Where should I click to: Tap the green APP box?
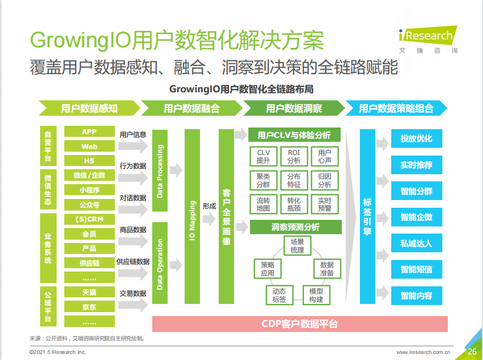(90, 131)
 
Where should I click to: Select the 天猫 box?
(90, 292)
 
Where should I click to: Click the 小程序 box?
(90, 190)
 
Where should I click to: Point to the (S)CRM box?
(90, 219)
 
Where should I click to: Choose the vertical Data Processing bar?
(160, 171)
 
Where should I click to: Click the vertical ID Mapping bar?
(192, 217)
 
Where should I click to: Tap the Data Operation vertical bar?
(160, 263)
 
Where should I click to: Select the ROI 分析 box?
(294, 157)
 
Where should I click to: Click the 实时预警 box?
(325, 204)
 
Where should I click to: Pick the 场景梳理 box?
(297, 246)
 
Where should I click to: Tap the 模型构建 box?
(317, 295)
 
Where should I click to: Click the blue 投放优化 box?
(417, 139)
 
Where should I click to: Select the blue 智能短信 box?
(417, 269)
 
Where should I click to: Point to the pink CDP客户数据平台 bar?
(299, 324)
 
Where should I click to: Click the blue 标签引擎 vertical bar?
(368, 217)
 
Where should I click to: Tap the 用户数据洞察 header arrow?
(294, 108)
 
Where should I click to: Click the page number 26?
(472, 351)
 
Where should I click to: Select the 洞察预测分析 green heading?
(296, 227)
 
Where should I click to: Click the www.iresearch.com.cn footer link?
(423, 352)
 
